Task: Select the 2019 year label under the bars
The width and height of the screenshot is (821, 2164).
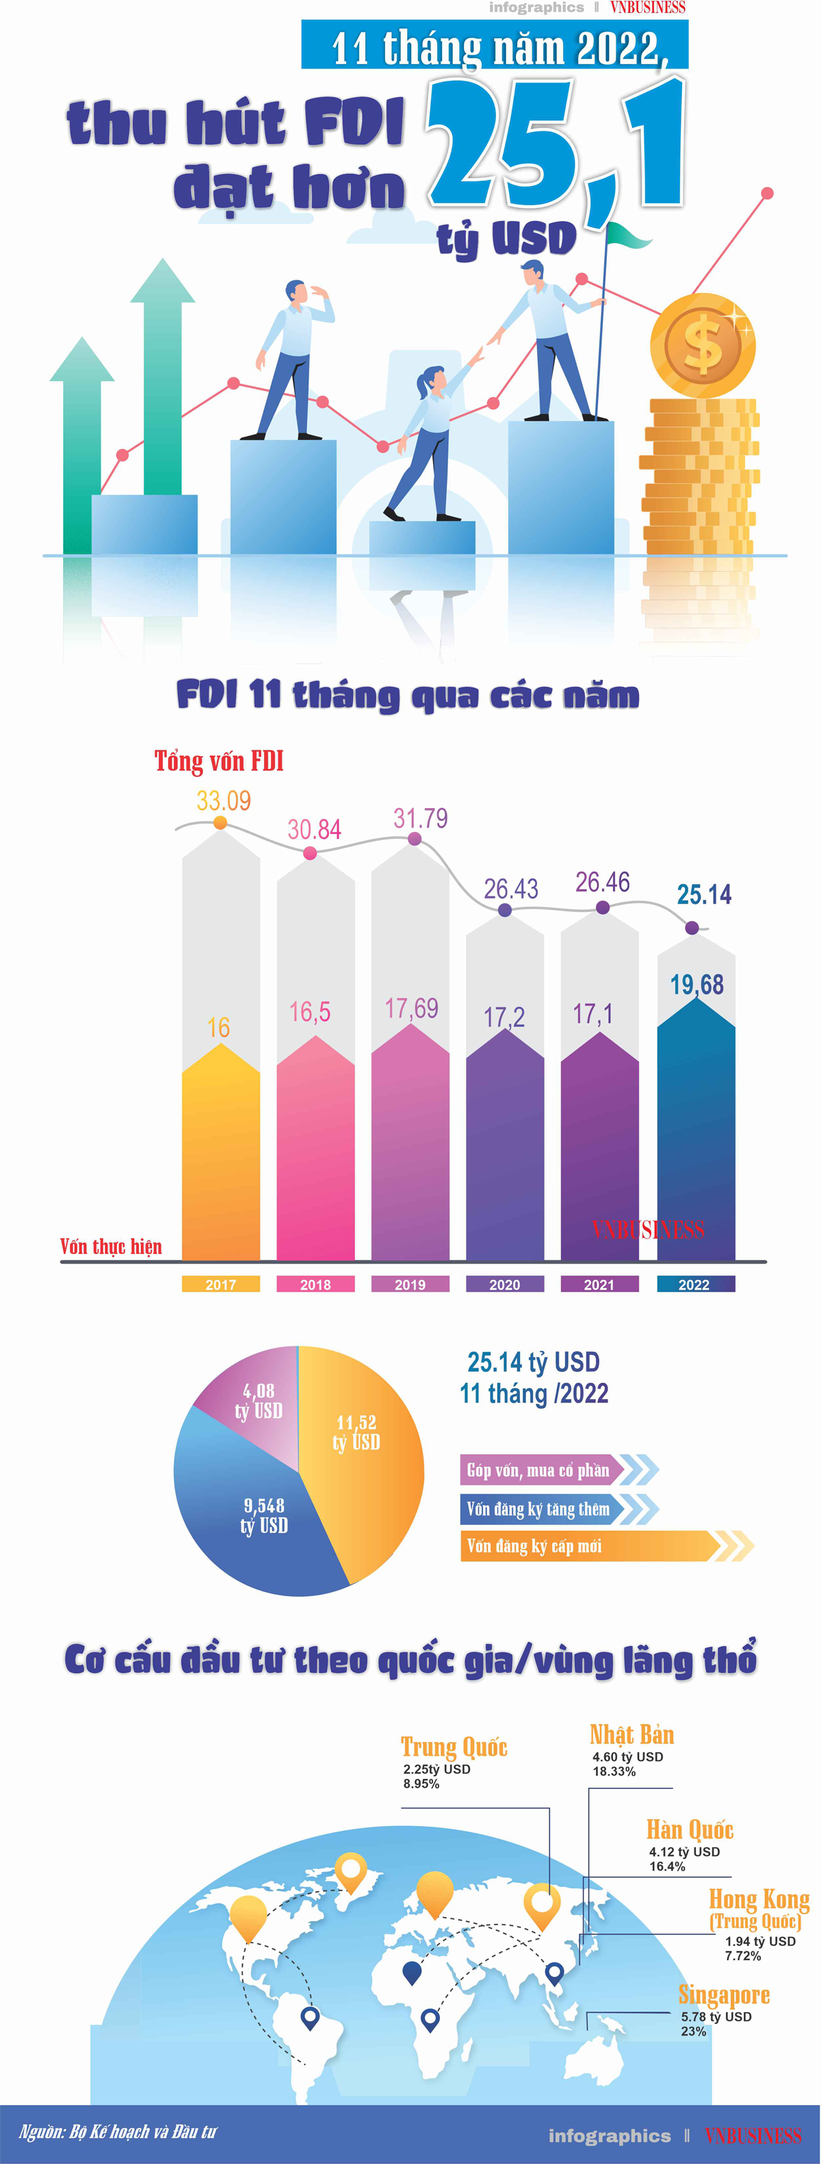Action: pyautogui.click(x=410, y=1284)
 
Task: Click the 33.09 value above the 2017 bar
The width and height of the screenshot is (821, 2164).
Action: pyautogui.click(x=224, y=800)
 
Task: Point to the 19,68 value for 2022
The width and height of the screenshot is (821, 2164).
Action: pyautogui.click(x=696, y=985)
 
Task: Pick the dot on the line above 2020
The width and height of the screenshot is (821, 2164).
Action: pyautogui.click(x=504, y=910)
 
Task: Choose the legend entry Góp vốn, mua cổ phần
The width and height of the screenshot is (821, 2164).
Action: pyautogui.click(x=538, y=1470)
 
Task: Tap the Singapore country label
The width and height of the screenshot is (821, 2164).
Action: pyautogui.click(x=724, y=1995)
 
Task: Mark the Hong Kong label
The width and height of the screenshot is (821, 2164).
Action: pyautogui.click(x=759, y=1899)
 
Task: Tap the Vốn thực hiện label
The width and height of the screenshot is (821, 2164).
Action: pyautogui.click(x=111, y=1247)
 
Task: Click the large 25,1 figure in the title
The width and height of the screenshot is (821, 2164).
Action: pyautogui.click(x=555, y=143)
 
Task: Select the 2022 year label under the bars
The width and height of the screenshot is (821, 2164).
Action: pyautogui.click(x=694, y=1284)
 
